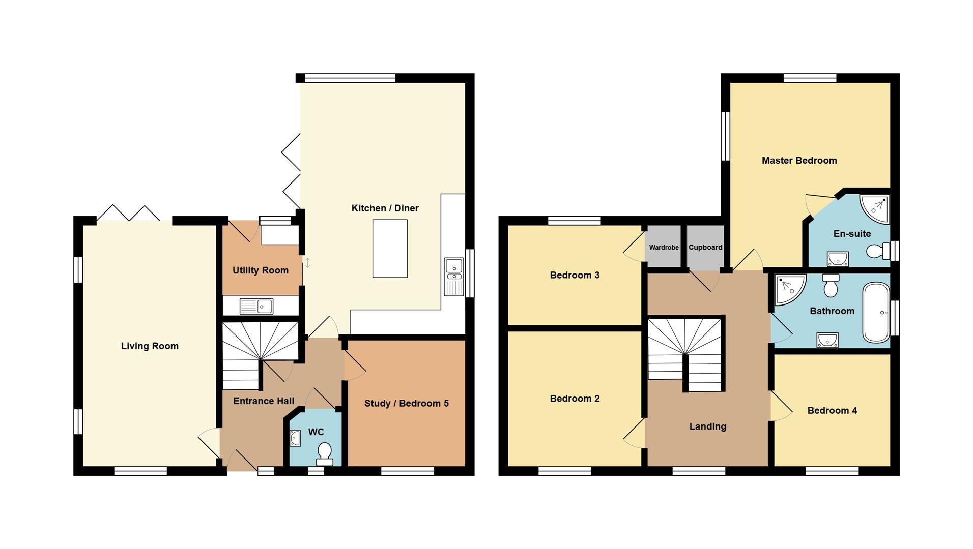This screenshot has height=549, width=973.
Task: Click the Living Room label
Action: coord(150,346)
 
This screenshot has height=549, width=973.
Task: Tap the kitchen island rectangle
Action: coord(390,249)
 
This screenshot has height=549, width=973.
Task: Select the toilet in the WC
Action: coord(324,453)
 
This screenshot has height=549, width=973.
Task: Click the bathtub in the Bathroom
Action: coord(876,313)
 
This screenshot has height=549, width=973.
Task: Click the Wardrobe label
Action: coord(664,248)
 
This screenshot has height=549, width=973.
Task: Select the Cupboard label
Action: coord(705,248)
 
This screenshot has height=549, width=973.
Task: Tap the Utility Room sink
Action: coord(256,306)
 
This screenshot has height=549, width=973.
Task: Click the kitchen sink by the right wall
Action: coord(454,277)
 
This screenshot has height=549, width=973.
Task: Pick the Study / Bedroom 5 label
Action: coord(406,404)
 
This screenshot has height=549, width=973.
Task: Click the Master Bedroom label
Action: coord(799,161)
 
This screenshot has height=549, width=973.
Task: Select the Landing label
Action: coord(707,426)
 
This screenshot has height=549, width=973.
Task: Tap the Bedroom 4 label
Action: coord(832,411)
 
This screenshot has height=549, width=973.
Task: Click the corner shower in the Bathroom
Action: coord(789,289)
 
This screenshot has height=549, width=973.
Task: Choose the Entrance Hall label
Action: coord(264,401)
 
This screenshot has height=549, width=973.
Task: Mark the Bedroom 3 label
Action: coord(575,276)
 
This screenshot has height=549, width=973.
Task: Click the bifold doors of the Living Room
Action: coord(128,213)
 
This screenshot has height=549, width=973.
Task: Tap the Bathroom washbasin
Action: coord(827,340)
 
